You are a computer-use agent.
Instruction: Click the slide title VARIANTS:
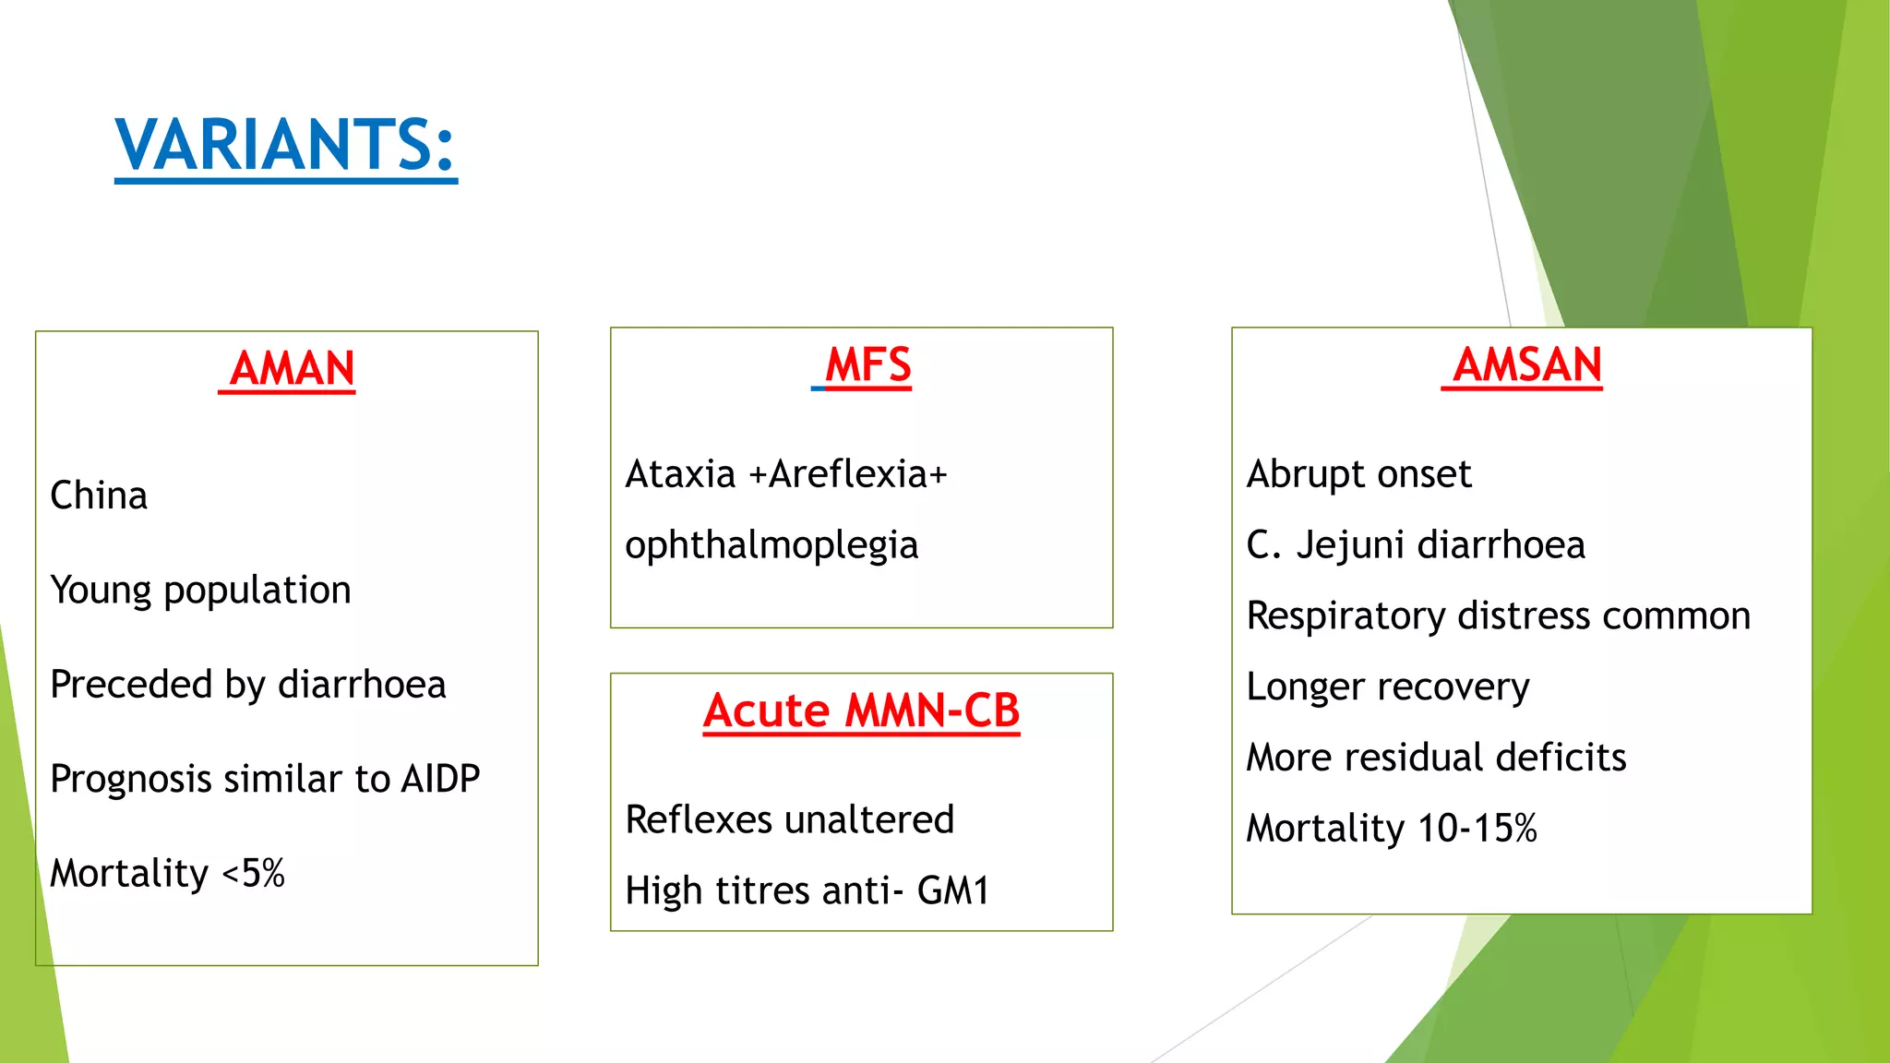pyautogui.click(x=285, y=145)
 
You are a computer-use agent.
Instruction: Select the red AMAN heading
pyautogui.click(x=292, y=368)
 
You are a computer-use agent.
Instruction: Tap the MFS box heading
pyautogui.click(x=867, y=364)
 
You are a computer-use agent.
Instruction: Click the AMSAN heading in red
pyautogui.click(x=1527, y=364)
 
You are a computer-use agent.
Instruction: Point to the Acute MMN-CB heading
pyautogui.click(x=861, y=711)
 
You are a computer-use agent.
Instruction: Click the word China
pyautogui.click(x=99, y=496)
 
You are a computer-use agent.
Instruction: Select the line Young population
pyautogui.click(x=200, y=591)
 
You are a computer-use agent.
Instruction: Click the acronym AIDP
pyautogui.click(x=440, y=779)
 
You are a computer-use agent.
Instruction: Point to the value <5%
pyautogui.click(x=254, y=874)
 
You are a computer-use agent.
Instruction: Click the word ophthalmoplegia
pyautogui.click(x=772, y=545)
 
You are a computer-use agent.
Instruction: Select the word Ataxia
pyautogui.click(x=680, y=474)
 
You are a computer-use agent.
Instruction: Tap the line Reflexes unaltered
pyautogui.click(x=789, y=819)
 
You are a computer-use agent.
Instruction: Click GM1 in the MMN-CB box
pyautogui.click(x=952, y=890)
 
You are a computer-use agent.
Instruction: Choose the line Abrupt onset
pyautogui.click(x=1358, y=474)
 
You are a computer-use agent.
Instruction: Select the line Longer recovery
pyautogui.click(x=1387, y=687)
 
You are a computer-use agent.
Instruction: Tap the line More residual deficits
pyautogui.click(x=1436, y=758)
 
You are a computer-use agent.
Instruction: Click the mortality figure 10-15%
pyautogui.click(x=1477, y=829)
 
